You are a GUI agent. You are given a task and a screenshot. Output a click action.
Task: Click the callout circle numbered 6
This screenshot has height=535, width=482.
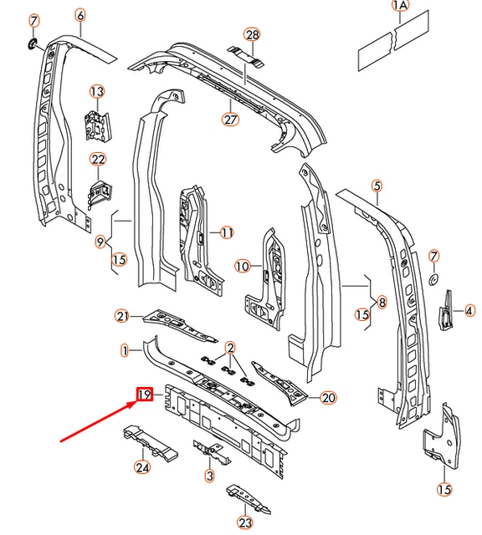coord(79,15)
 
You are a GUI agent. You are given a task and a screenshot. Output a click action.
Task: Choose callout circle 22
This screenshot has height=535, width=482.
coord(98,160)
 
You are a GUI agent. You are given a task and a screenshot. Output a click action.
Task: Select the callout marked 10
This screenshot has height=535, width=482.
coord(243,267)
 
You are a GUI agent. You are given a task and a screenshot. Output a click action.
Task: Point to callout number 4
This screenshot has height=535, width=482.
coord(469,311)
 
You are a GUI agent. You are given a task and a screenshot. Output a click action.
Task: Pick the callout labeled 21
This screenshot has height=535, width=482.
coord(123,315)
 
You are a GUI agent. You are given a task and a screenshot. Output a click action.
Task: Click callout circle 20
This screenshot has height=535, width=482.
coord(328,398)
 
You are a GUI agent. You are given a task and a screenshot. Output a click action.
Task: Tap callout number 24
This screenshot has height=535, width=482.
coord(142,467)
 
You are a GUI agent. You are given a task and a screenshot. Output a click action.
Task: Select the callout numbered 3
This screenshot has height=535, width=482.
coord(209,476)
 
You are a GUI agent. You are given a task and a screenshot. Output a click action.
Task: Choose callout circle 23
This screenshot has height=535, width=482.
coord(244,523)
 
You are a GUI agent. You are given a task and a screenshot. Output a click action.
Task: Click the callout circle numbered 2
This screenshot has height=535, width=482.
coord(229,346)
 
